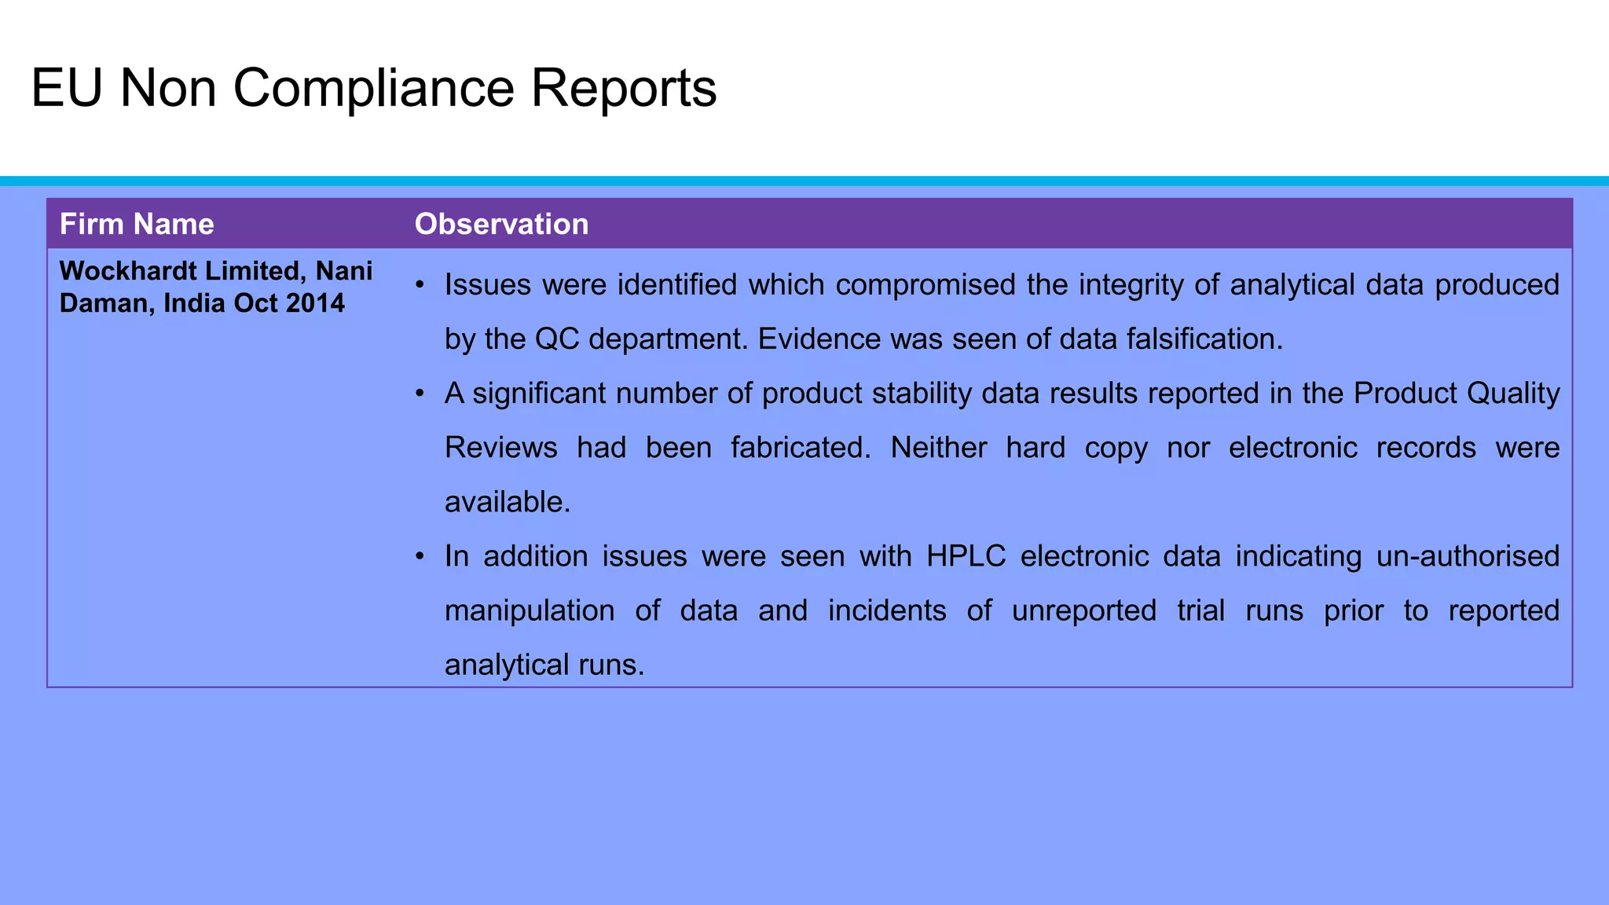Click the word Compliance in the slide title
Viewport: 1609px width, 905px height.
(373, 88)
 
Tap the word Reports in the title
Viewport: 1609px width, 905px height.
(623, 88)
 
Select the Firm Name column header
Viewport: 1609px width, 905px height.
(137, 225)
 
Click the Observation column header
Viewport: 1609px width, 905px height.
(501, 225)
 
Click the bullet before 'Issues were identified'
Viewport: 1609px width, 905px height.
(421, 284)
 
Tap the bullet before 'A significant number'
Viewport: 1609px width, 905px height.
(421, 393)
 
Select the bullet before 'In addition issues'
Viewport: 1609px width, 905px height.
(421, 556)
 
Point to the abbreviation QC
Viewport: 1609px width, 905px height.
(557, 339)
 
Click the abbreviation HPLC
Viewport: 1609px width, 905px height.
(966, 556)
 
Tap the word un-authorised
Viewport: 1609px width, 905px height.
(1468, 556)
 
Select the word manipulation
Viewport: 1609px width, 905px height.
(530, 610)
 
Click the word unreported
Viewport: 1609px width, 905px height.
(1083, 610)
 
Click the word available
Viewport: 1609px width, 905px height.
(507, 502)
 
